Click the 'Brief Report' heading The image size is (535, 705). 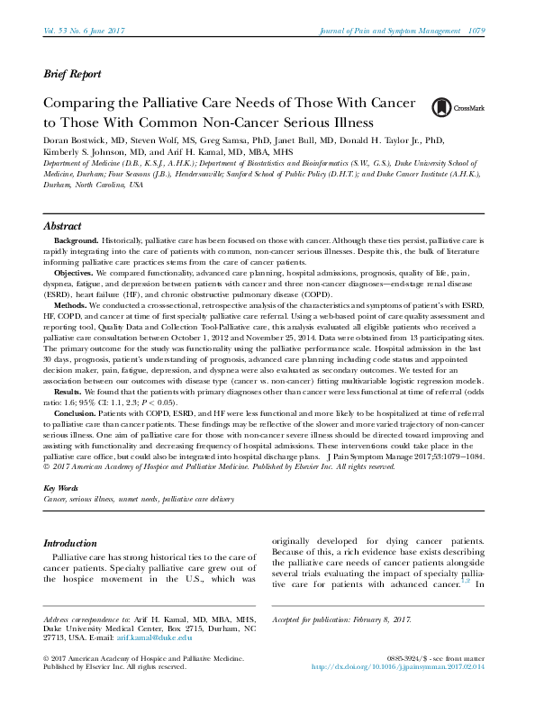[72, 75]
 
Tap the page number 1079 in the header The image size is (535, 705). [476, 32]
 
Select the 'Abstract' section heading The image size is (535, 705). [63, 226]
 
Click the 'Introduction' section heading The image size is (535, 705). [70, 544]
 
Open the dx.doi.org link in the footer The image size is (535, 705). [399, 667]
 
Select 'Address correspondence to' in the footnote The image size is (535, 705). [86, 619]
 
